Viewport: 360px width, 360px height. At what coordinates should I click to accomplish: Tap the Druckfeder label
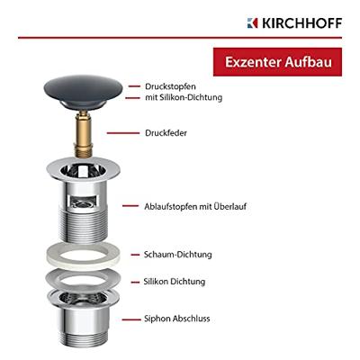click(165, 133)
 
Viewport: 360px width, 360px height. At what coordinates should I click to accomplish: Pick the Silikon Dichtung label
click(175, 282)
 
